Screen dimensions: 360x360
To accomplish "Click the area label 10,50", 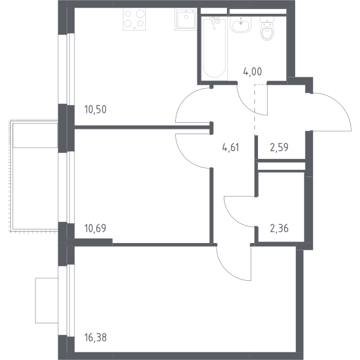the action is [x=95, y=109].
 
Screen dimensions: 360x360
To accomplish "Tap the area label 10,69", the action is [x=95, y=228].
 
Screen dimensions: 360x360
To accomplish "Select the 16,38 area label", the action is [x=95, y=338].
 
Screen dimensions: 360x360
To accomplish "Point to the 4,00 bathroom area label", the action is [x=253, y=71].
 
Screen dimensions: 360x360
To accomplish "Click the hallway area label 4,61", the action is [x=231, y=147].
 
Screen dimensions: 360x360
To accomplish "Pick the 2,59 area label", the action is [x=279, y=147].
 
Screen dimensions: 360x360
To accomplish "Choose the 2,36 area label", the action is [x=279, y=229].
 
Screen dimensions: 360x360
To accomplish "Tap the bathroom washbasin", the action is [x=241, y=25].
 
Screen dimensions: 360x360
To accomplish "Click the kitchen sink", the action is [x=185, y=19].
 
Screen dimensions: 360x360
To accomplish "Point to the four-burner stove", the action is [x=134, y=19].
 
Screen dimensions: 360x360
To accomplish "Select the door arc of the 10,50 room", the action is [x=184, y=99].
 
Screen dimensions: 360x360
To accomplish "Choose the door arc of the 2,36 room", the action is [x=232, y=218].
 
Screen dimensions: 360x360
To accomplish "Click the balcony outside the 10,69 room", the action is [x=34, y=176].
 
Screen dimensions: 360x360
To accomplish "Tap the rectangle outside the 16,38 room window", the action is [x=47, y=301].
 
